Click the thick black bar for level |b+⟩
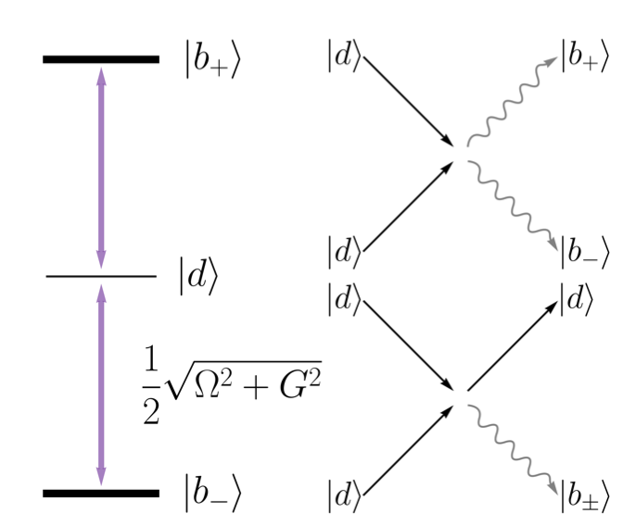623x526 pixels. pyautogui.click(x=101, y=59)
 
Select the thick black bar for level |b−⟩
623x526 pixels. pyautogui.click(x=101, y=493)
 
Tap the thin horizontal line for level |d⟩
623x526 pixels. pyautogui.click(x=101, y=276)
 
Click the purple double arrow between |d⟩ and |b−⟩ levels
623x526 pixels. pyautogui.click(x=101, y=384)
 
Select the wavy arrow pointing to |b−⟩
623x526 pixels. pyautogui.click(x=515, y=204)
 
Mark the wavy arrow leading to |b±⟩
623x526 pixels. pyautogui.click(x=515, y=449)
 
